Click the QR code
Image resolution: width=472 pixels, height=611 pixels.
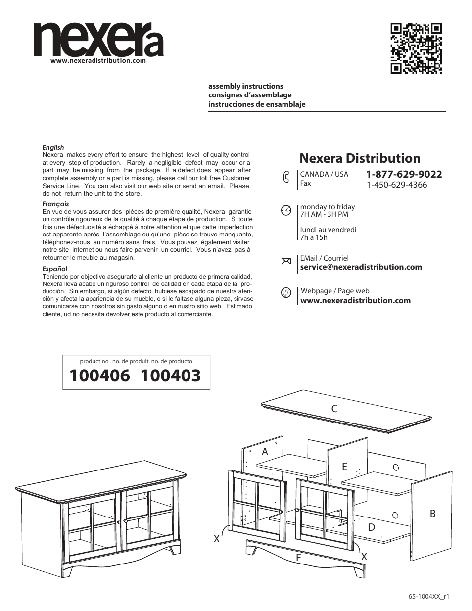click(416, 48)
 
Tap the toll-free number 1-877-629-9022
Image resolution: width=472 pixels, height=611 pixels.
click(404, 174)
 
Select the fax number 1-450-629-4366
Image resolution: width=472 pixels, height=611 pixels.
click(396, 185)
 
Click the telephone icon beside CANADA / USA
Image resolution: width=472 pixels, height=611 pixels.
click(286, 178)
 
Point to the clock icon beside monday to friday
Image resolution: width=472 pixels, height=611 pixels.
click(286, 210)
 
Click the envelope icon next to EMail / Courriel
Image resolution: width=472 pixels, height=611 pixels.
click(286, 262)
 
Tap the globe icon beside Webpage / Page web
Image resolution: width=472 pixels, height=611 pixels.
click(286, 293)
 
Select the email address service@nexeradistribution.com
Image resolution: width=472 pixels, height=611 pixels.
click(361, 267)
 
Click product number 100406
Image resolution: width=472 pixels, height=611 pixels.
click(100, 376)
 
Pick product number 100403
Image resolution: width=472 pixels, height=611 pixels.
click(171, 376)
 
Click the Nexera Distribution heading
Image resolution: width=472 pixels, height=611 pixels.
click(360, 158)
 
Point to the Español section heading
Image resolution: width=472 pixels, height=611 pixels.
click(55, 269)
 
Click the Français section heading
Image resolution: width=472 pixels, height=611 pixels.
click(55, 204)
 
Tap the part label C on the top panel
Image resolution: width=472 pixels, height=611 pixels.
click(334, 408)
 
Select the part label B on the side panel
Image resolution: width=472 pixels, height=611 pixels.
click(432, 514)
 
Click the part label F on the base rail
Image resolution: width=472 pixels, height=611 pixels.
click(298, 558)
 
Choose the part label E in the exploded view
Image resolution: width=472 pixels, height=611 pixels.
click(344, 467)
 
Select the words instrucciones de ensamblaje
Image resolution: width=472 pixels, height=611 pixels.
click(257, 104)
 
